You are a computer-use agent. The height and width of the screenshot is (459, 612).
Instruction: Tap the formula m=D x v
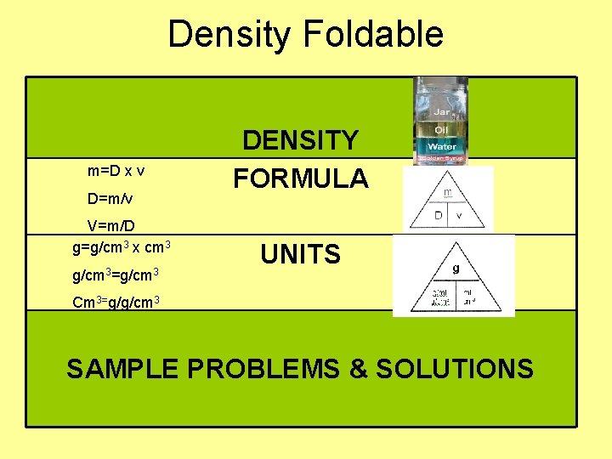click(x=116, y=171)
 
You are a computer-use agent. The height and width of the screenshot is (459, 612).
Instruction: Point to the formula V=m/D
click(x=111, y=226)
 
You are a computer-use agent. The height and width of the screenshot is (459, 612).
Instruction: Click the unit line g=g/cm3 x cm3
click(x=122, y=246)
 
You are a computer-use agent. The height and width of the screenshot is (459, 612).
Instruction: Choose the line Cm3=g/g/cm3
click(x=117, y=302)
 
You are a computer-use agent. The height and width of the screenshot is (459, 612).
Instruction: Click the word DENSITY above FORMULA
click(x=301, y=141)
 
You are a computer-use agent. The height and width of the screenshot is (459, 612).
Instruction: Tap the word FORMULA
click(x=301, y=178)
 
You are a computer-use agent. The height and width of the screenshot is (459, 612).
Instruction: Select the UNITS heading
click(x=301, y=254)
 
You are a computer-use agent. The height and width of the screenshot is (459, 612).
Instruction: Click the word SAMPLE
click(x=124, y=369)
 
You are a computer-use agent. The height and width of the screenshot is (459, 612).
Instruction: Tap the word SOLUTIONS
click(x=455, y=369)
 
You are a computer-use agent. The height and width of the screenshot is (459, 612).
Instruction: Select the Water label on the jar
click(x=441, y=147)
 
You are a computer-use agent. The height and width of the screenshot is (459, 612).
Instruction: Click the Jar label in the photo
click(x=441, y=112)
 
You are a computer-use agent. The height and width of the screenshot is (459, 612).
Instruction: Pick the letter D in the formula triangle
click(x=438, y=215)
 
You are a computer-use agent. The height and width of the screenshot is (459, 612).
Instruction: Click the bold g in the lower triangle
click(x=456, y=267)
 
